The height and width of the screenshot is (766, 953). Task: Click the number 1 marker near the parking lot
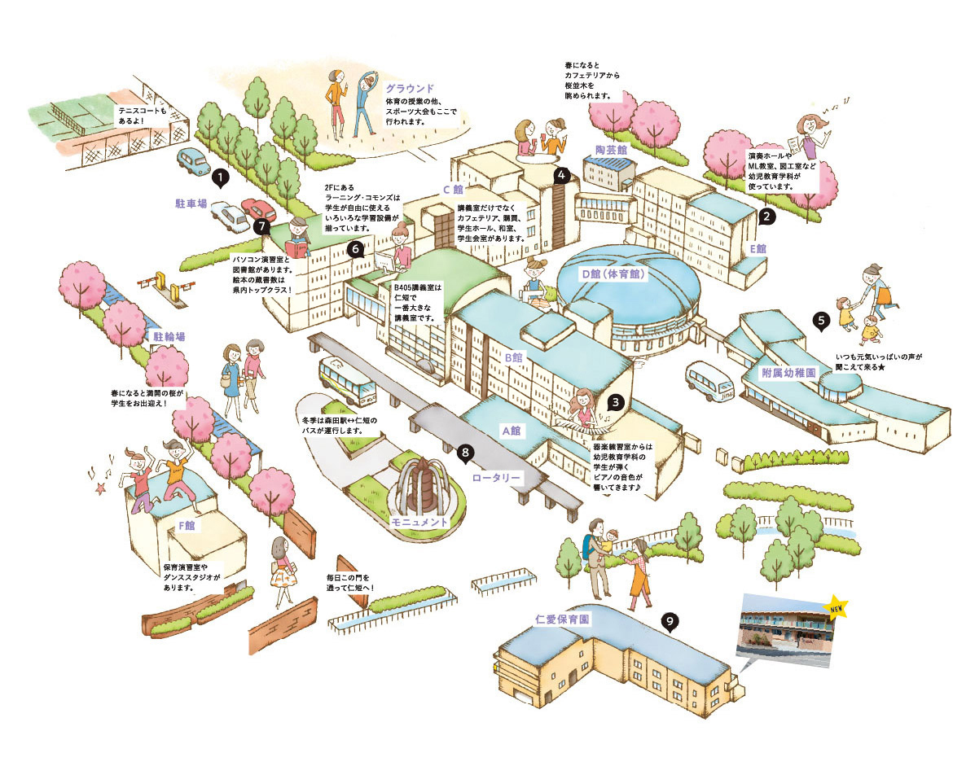point(221,177)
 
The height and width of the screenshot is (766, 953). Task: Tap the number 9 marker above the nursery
point(670,621)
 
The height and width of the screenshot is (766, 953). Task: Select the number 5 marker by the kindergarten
point(821,321)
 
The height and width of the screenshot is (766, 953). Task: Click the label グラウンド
point(411,89)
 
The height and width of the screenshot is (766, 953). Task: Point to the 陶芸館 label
point(611,149)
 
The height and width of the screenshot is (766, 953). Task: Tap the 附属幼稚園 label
point(788,372)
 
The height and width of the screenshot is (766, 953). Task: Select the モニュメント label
point(419,523)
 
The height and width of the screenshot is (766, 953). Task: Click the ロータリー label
point(496,478)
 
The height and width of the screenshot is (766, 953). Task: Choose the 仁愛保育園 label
point(562,619)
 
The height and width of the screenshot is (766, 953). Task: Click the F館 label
point(186,525)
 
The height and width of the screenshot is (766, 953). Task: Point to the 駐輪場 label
point(169,336)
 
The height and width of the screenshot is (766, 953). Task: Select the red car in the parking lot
point(258,210)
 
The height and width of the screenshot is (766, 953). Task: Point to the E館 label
point(758,249)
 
